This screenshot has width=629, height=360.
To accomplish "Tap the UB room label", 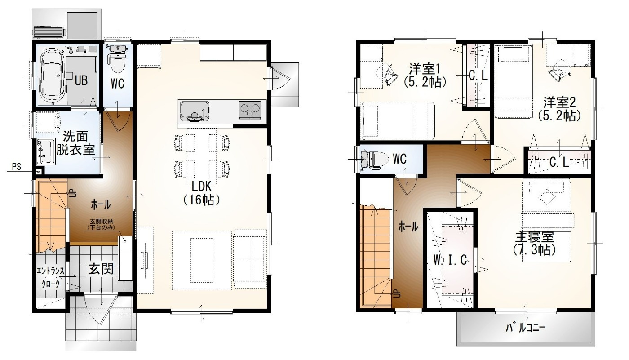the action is [x=81, y=80].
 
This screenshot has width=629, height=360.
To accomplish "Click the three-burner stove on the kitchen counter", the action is [x=250, y=110].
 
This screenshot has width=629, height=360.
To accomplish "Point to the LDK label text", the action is [x=202, y=193].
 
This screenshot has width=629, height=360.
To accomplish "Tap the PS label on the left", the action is [x=17, y=167].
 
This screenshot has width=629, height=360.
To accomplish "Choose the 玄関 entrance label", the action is [x=101, y=269].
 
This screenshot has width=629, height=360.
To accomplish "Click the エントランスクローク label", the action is [x=50, y=277].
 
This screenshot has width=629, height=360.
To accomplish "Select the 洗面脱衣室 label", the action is [x=75, y=143].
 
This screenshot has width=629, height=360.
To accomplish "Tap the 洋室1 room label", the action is [x=425, y=75].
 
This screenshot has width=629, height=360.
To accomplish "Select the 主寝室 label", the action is [x=534, y=243].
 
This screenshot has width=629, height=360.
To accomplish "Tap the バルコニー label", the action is [x=525, y=328].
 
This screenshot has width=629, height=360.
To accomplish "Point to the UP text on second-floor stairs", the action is [x=398, y=294].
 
